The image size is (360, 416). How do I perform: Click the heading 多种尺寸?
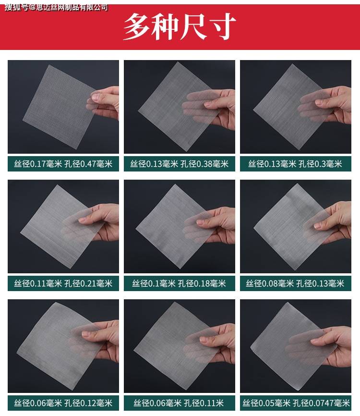click(x=180, y=26)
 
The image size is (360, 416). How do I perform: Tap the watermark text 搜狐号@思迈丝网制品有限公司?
click(x=56, y=7)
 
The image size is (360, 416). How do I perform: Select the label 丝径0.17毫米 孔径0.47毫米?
click(x=63, y=164)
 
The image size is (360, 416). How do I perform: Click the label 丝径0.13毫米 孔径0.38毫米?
click(x=179, y=164)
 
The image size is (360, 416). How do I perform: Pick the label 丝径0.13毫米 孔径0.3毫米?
click(x=295, y=164)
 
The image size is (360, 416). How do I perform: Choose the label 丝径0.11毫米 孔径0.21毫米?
click(x=63, y=283)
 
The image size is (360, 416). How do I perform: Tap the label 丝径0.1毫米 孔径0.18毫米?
click(x=179, y=283)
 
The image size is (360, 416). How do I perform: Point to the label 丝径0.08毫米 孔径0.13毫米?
click(x=295, y=283)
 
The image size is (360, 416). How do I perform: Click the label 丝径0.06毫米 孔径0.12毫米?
click(x=63, y=403)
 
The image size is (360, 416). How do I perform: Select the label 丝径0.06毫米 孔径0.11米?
click(x=179, y=403)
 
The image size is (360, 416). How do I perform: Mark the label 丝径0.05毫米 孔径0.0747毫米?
click(x=296, y=403)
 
